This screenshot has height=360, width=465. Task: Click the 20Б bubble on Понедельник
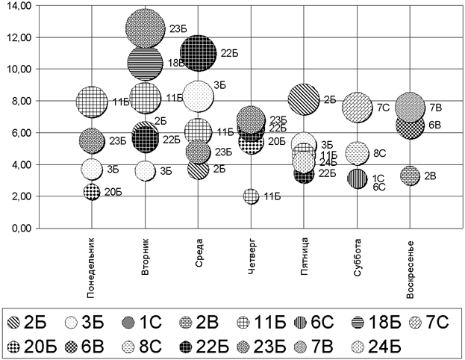pyautogui.click(x=92, y=191)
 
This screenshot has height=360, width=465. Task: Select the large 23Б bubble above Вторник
pyautogui.click(x=145, y=28)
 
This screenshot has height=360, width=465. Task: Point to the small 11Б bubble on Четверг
pyautogui.click(x=252, y=196)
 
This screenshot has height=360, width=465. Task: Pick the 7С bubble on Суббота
pyautogui.click(x=358, y=108)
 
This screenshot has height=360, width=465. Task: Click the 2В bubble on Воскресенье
pyautogui.click(x=410, y=176)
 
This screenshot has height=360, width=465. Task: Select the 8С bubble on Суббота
pyautogui.click(x=358, y=152)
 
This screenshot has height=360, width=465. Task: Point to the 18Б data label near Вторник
pyautogui.click(x=177, y=63)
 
